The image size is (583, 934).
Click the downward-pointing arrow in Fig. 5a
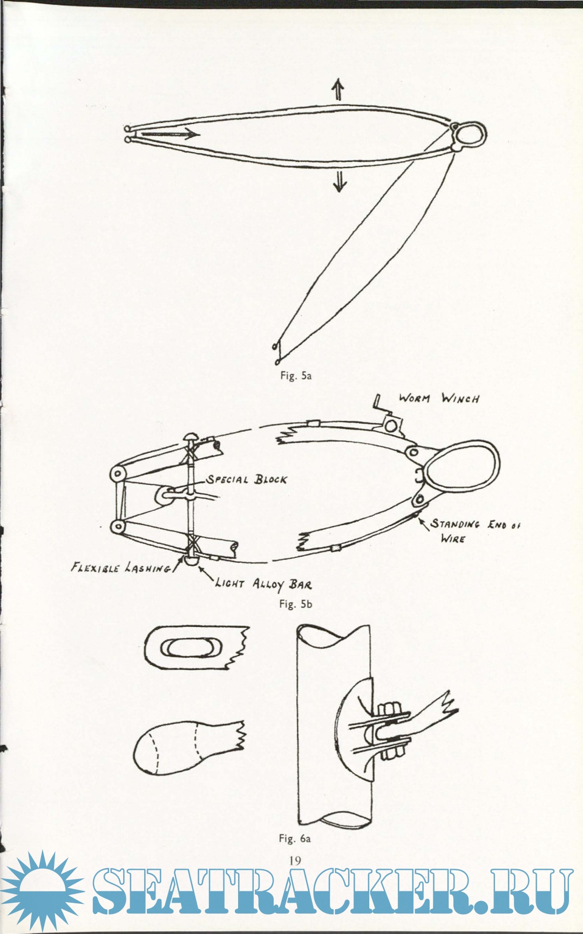[x=340, y=180]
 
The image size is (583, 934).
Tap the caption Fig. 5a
[x=295, y=376]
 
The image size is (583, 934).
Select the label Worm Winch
[x=438, y=398]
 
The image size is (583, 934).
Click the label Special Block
[x=246, y=480]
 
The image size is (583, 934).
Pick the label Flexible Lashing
[x=121, y=568]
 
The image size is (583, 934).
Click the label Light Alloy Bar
[x=263, y=584]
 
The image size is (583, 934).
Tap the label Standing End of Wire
[x=475, y=531]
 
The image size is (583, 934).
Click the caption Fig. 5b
[x=295, y=604]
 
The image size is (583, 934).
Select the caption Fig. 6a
[x=295, y=838]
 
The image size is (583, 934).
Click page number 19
[x=295, y=861]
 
